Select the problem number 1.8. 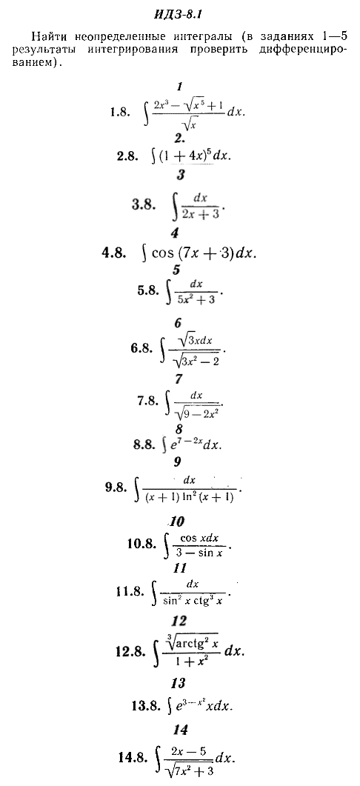pyautogui.click(x=120, y=113)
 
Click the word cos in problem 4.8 pyautogui.click(x=161, y=253)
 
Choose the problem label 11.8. pyautogui.click(x=130, y=591)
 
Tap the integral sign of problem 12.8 pyautogui.click(x=158, y=652)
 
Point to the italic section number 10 pyautogui.click(x=176, y=522)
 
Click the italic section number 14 pyautogui.click(x=180, y=730)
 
